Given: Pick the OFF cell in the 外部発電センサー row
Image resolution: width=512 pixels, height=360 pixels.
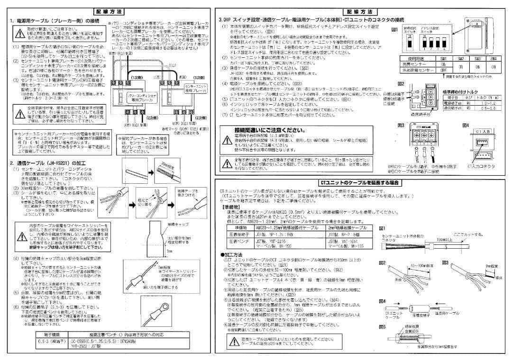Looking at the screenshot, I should click(444, 70).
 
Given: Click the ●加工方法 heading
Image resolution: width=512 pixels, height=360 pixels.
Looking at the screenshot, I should click(233, 254).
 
